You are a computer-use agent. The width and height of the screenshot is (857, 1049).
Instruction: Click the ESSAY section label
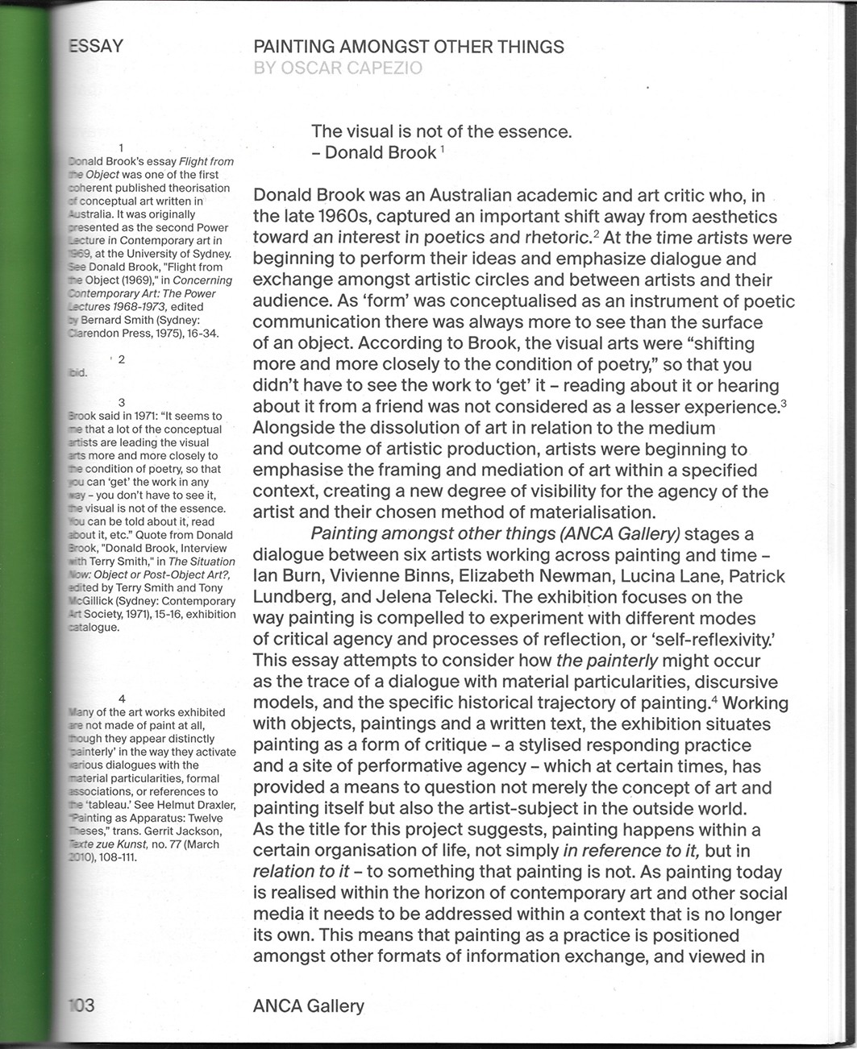coord(95,46)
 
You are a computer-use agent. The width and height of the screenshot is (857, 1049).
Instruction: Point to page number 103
coord(81,1005)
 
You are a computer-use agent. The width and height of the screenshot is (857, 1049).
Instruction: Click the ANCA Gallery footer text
coord(308,1005)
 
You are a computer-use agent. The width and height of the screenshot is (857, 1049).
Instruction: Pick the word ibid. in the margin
coord(78,373)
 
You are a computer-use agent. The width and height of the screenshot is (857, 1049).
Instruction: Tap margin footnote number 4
coord(121,699)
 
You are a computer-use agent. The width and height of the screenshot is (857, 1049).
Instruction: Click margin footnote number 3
coord(121,402)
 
